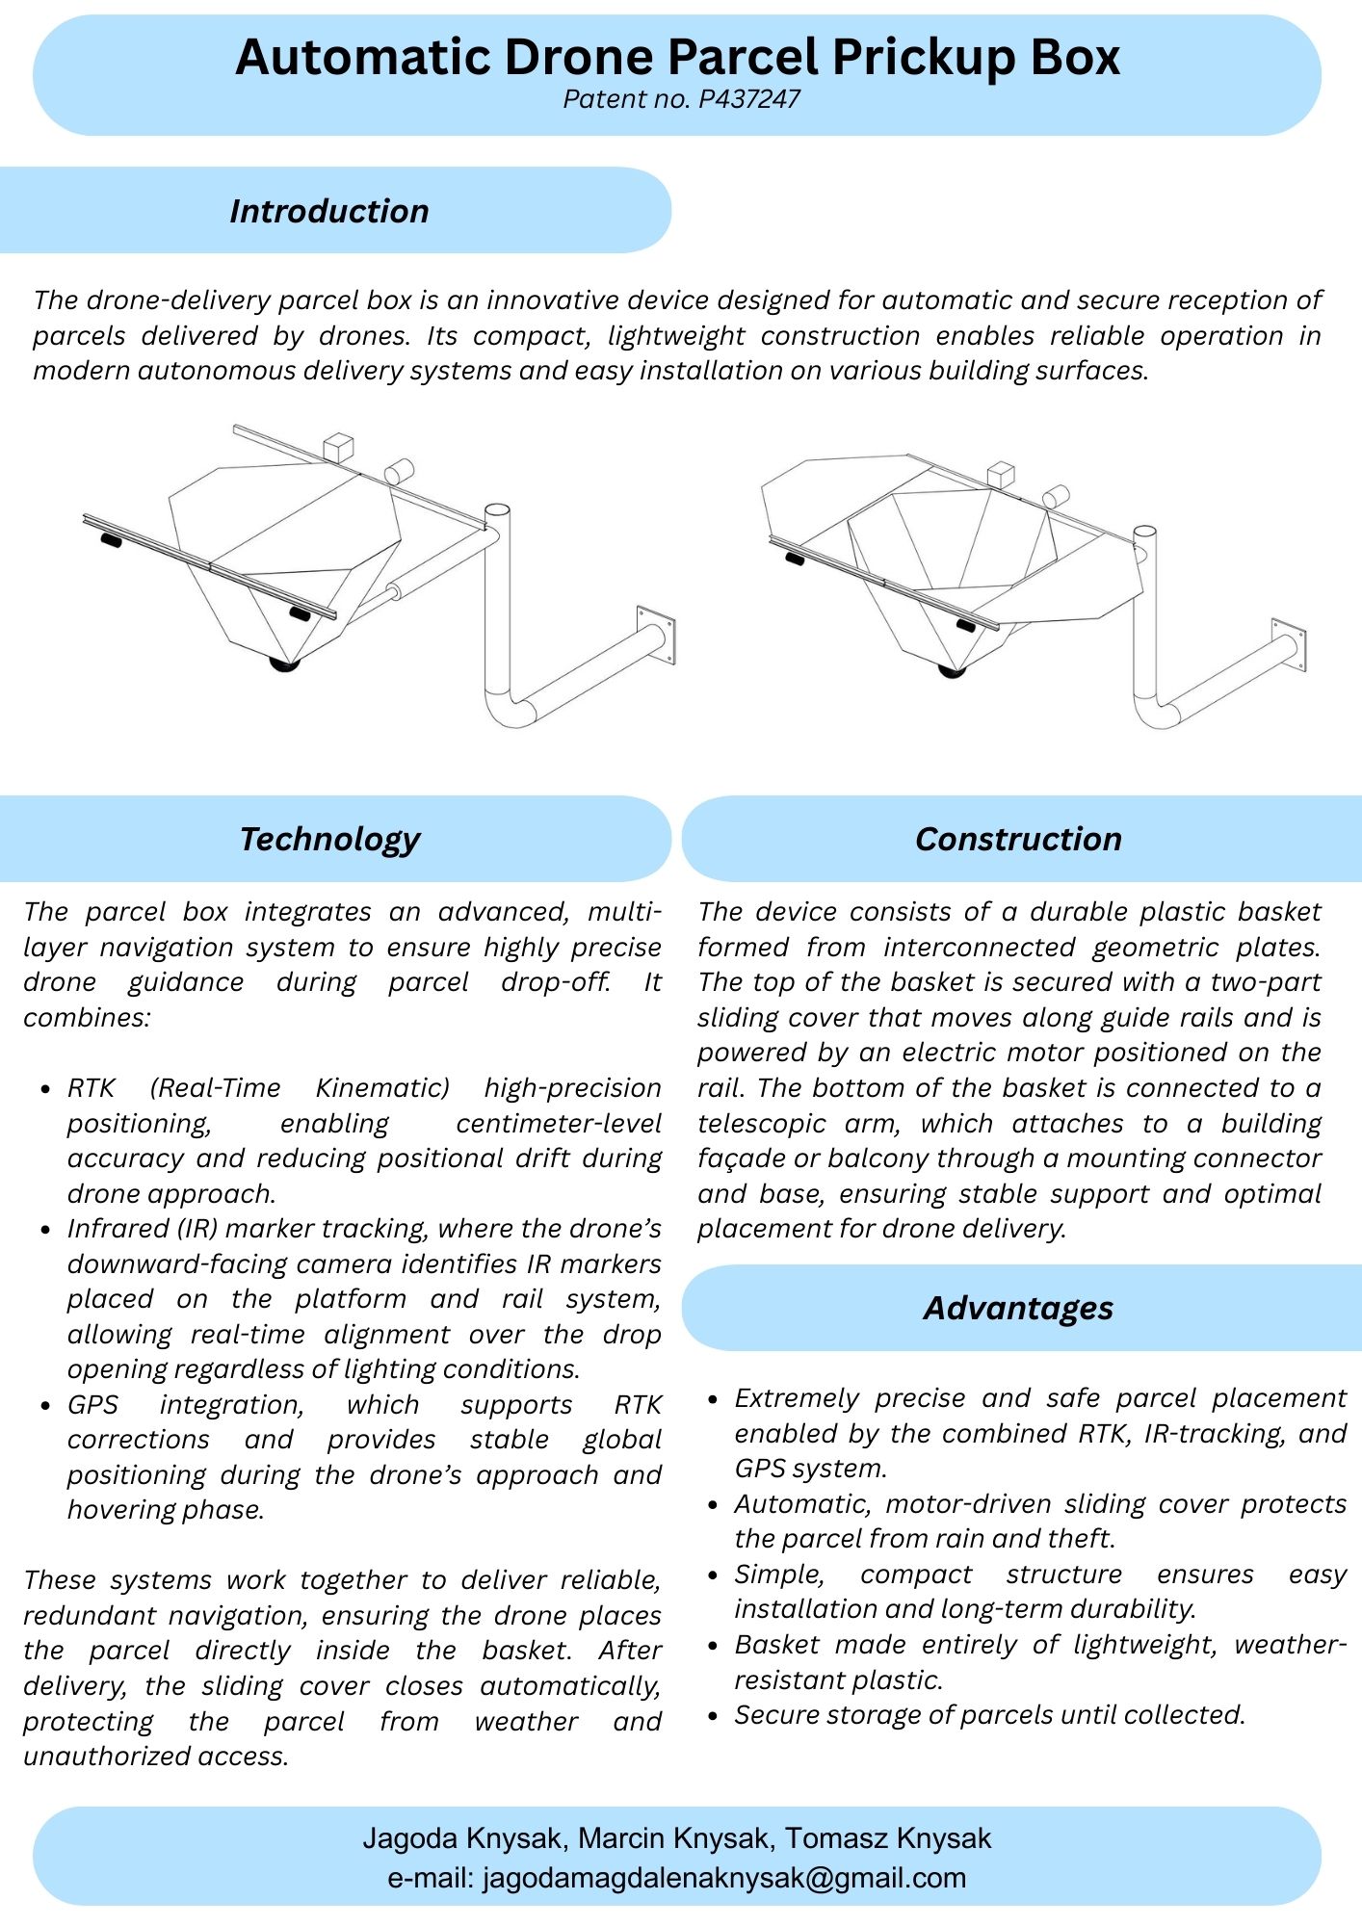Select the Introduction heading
[x=328, y=211]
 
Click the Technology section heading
[x=329, y=839]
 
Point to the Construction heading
[x=1018, y=839]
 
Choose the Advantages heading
[x=1018, y=1308]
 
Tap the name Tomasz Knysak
[x=887, y=1838]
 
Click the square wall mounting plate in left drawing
[x=656, y=637]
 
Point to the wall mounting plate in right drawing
[x=1289, y=644]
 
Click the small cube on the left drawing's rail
[x=338, y=447]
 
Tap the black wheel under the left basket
[x=284, y=664]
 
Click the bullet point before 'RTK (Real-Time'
[x=45, y=1089]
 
